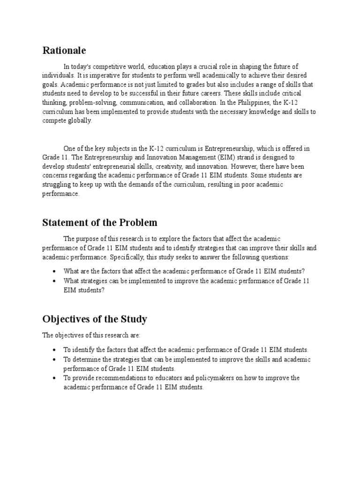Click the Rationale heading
coord(64,50)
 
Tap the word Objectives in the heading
coord(67,319)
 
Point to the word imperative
coord(102,75)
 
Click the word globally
coord(81,120)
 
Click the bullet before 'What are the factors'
coord(55,271)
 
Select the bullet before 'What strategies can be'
coord(55,281)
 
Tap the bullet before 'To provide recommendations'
coord(55,378)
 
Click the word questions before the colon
coord(275,257)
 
